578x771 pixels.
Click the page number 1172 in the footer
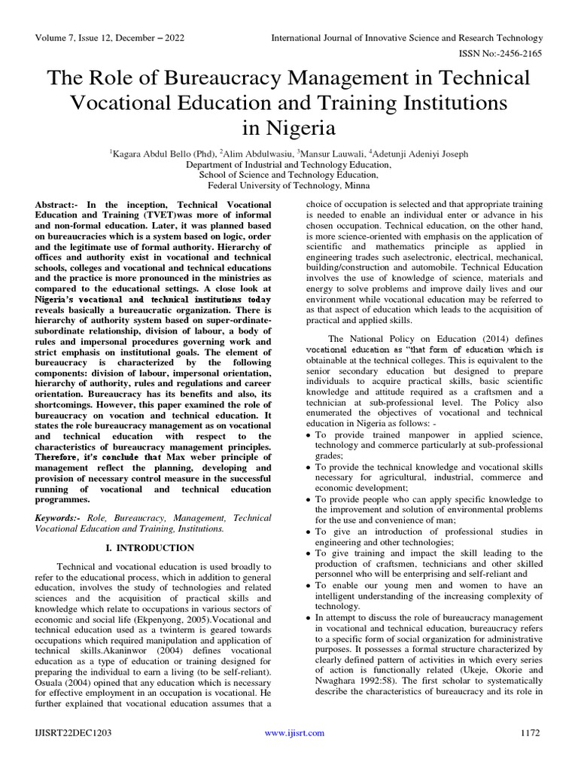[531, 733]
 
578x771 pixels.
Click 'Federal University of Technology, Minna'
[288, 185]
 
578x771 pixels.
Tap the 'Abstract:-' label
[59, 206]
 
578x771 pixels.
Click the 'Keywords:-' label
[60, 519]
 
